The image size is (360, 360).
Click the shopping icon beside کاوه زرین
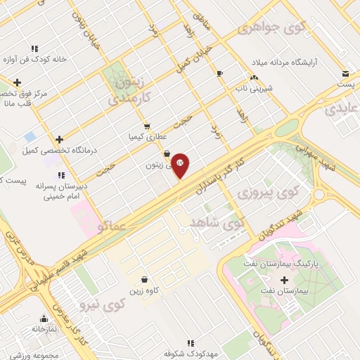(144, 279)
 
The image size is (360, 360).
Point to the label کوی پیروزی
(268, 191)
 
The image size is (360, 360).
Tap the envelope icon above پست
(345, 74)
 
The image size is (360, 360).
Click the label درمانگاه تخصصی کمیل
(60, 150)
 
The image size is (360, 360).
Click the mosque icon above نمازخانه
(44, 319)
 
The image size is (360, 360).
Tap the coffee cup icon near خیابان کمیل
(220, 73)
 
